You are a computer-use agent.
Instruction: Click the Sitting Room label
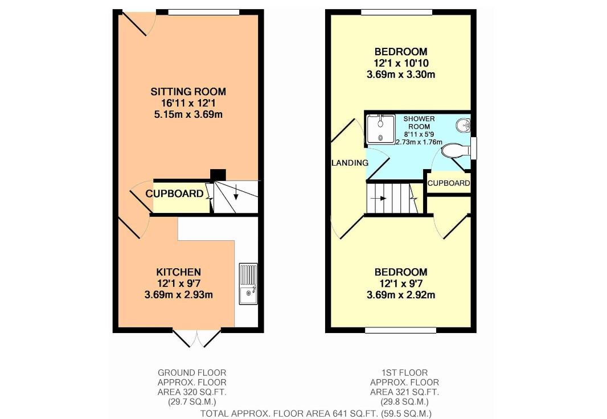188,92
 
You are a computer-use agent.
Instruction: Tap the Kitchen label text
178,272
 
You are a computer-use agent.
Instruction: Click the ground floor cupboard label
175,194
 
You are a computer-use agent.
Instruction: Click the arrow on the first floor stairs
378,199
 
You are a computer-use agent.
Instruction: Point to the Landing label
350,163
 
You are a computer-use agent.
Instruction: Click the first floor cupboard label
449,183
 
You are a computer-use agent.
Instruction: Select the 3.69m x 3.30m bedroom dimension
401,74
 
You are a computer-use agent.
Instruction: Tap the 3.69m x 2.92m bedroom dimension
401,295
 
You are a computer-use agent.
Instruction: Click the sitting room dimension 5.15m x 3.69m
188,114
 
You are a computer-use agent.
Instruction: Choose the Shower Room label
419,122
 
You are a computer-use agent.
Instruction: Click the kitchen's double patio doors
196,339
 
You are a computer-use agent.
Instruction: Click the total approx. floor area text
315,413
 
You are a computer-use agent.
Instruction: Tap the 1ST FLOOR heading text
404,372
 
